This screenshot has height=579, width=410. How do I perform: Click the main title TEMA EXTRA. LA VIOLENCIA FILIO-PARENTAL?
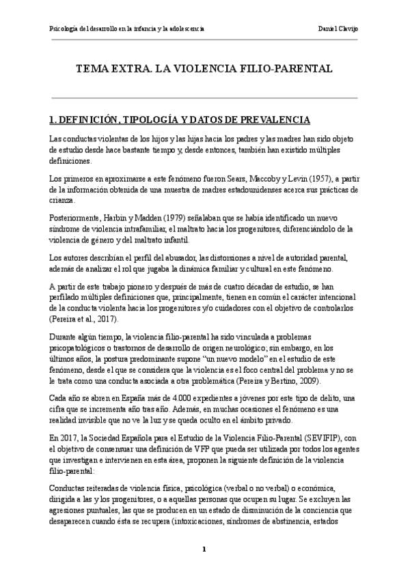pos(204,69)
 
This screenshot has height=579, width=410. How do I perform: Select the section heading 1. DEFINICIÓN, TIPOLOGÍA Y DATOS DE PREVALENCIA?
pos(171,120)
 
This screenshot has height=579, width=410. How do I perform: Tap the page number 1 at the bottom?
pos(204,549)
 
